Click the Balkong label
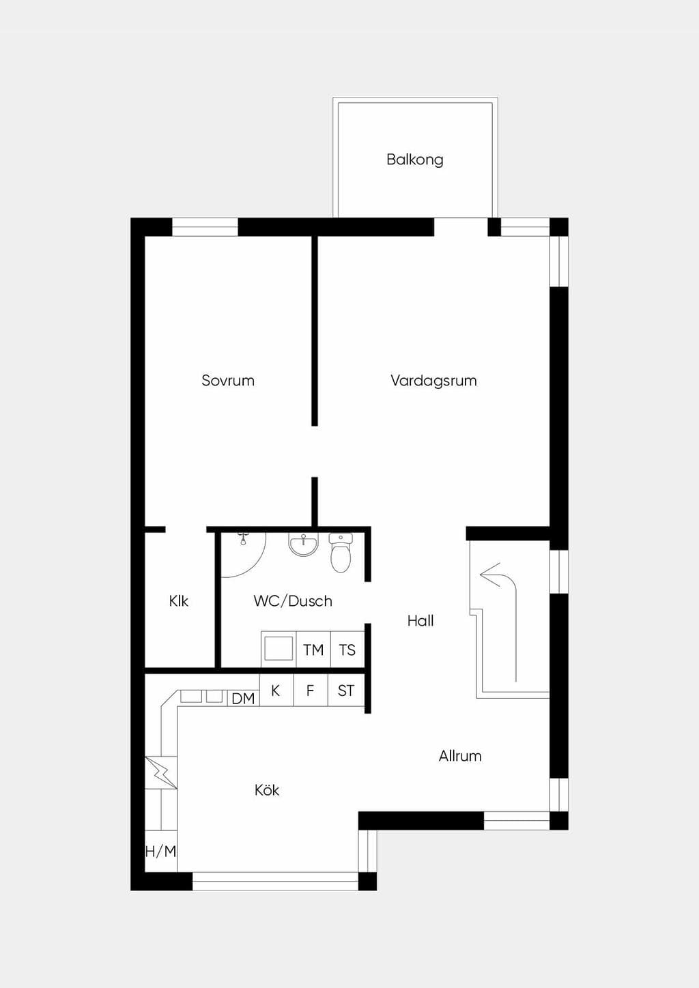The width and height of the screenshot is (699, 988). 415,160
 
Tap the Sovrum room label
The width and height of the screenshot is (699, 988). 228,381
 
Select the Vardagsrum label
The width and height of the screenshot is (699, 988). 433,381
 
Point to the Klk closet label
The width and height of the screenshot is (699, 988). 179,601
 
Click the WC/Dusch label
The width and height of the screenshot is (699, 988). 293,601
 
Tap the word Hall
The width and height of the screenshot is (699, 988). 420,621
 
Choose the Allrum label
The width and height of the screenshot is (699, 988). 460,756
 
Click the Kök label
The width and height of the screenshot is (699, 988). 267,790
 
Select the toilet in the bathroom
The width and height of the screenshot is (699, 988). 341,553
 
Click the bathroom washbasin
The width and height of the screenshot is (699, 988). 304,544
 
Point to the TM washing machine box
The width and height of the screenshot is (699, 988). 313,650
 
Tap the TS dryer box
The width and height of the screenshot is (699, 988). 347,650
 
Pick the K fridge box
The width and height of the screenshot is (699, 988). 276,691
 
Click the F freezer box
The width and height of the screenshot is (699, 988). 311,691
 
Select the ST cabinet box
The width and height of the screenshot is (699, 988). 346,691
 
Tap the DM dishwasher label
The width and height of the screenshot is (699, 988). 243,699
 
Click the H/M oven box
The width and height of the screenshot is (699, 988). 161,852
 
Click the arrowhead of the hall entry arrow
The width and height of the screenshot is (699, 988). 489,575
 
